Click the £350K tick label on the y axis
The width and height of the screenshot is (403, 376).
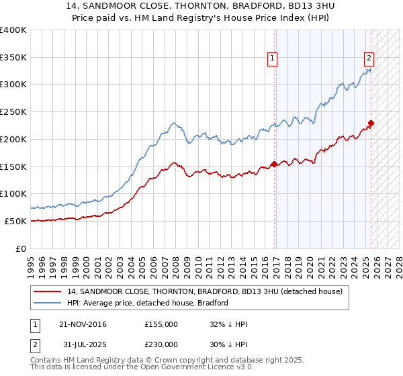pyautogui.click(x=13, y=58)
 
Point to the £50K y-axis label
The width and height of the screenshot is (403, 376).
pyautogui.click(x=15, y=221)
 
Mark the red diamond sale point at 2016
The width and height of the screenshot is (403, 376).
pyautogui.click(x=274, y=164)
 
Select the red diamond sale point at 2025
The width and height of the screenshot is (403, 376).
pyautogui.click(x=371, y=123)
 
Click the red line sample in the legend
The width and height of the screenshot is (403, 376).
pyautogui.click(x=48, y=291)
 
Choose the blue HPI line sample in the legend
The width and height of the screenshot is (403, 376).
pyautogui.click(x=48, y=303)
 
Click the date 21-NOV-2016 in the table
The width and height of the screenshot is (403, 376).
pyautogui.click(x=83, y=324)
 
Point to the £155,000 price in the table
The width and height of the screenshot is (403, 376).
pyautogui.click(x=160, y=324)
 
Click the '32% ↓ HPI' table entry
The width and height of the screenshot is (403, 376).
pyautogui.click(x=228, y=324)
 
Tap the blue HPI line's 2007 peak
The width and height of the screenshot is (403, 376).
pyautogui.click(x=173, y=123)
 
